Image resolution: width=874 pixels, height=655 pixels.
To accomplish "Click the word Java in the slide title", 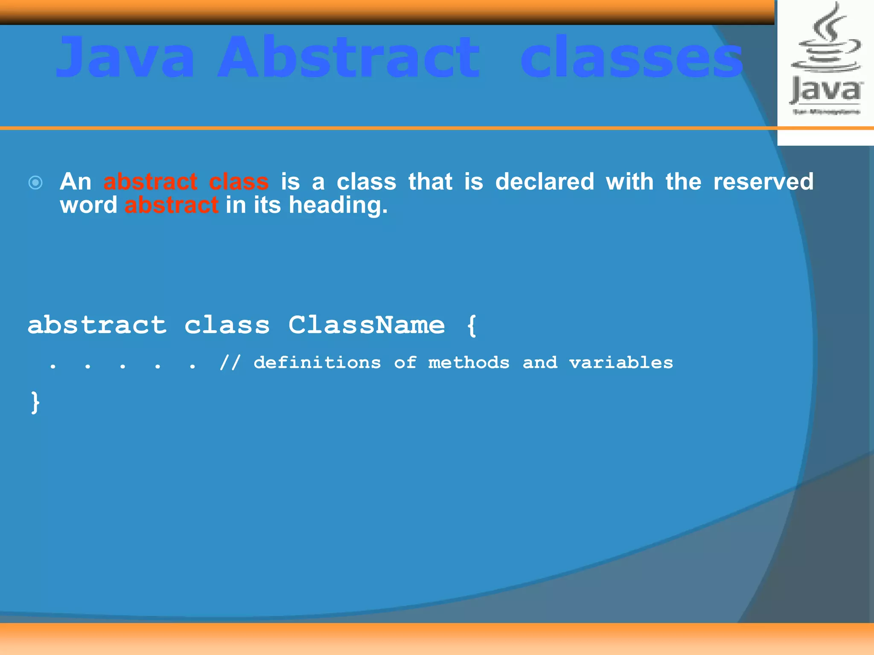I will tap(125, 58).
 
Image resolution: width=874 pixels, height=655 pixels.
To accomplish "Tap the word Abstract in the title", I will tap(349, 58).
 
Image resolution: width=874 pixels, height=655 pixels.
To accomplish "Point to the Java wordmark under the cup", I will tap(826, 91).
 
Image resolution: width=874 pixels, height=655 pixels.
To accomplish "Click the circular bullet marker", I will tap(35, 183).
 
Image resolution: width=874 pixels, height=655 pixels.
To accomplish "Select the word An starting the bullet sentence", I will tap(76, 182).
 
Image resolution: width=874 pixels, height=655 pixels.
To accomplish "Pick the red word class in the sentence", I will tap(239, 182).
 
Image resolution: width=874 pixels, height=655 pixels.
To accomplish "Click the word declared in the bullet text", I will tap(545, 182).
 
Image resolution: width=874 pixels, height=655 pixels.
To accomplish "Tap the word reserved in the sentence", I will tap(763, 182).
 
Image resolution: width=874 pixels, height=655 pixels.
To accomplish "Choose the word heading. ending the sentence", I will tap(338, 206).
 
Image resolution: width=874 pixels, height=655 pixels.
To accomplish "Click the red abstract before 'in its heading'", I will tap(172, 205).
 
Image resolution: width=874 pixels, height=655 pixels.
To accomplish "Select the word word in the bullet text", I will tap(88, 205).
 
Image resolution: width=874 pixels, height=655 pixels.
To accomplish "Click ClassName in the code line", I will tap(366, 325).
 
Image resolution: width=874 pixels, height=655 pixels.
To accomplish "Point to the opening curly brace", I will tap(472, 326).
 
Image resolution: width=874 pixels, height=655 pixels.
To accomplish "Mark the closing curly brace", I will tap(35, 403).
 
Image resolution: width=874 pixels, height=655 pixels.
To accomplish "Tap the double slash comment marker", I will tap(230, 363).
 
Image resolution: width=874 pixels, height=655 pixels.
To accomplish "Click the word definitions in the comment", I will tap(317, 362).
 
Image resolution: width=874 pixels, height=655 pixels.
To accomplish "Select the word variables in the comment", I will tap(621, 362).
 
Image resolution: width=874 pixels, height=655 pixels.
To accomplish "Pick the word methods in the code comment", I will tap(469, 362).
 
